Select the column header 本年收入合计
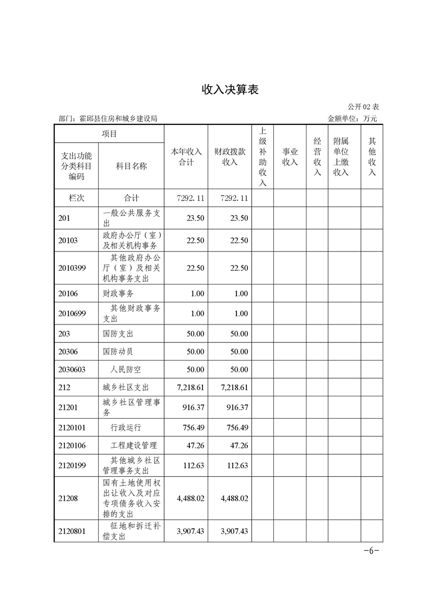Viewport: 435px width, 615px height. [x=187, y=157]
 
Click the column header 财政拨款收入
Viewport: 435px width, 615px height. [x=230, y=157]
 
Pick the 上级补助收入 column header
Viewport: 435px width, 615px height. [x=263, y=157]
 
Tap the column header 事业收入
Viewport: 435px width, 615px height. [x=290, y=157]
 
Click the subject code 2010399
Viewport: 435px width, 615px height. [x=72, y=268]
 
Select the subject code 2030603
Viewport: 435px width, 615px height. [x=72, y=369]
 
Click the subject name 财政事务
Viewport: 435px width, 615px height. [x=118, y=294]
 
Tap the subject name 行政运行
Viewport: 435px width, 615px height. [x=126, y=428]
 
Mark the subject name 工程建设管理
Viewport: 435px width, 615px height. [x=133, y=446]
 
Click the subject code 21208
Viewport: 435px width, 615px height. [x=68, y=499]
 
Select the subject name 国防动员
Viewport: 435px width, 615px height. [x=118, y=351]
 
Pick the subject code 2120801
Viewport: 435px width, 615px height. [x=72, y=531]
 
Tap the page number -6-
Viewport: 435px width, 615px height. [x=371, y=551]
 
